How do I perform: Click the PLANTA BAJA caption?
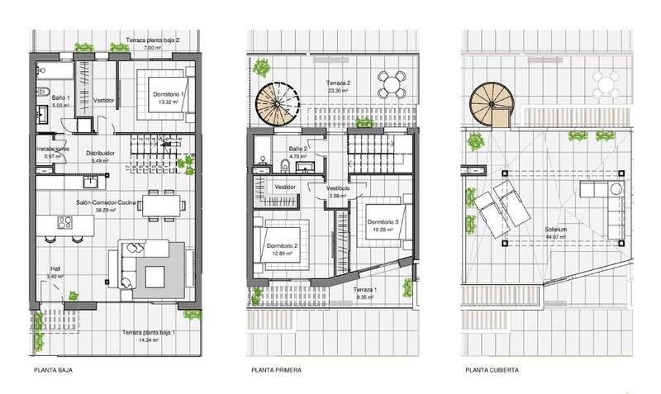54,371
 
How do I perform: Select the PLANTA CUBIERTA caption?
492,371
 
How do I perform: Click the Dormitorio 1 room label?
169,95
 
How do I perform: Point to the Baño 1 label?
51,98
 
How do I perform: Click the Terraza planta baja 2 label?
152,40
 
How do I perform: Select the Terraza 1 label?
364,290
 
